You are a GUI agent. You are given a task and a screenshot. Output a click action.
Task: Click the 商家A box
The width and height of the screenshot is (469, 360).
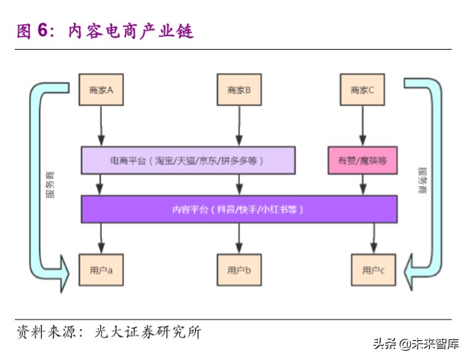pyautogui.click(x=101, y=90)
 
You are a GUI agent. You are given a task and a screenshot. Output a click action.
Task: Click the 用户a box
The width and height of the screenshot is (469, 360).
pyautogui.click(x=101, y=270)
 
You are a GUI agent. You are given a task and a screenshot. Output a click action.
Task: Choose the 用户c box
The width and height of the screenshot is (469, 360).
pyautogui.click(x=373, y=270)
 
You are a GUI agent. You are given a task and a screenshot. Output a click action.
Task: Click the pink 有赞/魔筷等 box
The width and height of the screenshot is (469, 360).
pyautogui.click(x=362, y=161)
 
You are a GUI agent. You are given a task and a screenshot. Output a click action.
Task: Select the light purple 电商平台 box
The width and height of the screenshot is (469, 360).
pyautogui.click(x=188, y=161)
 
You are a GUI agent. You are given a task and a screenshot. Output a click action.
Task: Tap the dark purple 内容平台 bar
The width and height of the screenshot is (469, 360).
pyautogui.click(x=238, y=209)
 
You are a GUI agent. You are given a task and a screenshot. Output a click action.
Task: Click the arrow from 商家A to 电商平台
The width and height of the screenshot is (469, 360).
pyautogui.click(x=101, y=126)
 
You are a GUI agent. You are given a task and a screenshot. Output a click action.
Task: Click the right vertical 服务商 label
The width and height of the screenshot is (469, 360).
pyautogui.click(x=423, y=182)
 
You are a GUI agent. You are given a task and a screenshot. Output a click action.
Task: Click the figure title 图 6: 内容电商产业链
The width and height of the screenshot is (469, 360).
pyautogui.click(x=105, y=31)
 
